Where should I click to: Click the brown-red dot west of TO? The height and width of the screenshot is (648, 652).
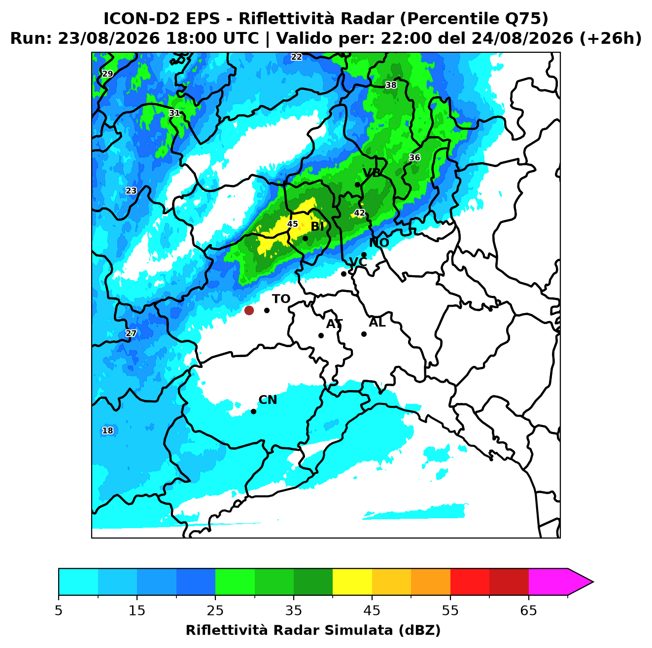[x=249, y=310]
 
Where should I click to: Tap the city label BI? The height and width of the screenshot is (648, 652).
[x=317, y=226]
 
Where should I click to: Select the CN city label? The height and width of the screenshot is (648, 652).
[x=268, y=400]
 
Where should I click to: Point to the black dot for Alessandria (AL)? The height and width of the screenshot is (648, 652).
[x=364, y=334]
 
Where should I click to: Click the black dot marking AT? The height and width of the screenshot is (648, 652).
[x=321, y=335]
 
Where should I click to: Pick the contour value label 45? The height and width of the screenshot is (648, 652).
[x=292, y=224]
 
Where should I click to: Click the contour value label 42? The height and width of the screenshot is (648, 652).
[x=359, y=213]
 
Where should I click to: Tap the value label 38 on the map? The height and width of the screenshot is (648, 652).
[x=391, y=85]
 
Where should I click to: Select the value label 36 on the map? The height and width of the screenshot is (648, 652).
[x=414, y=157]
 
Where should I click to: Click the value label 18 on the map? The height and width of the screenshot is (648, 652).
[x=107, y=431]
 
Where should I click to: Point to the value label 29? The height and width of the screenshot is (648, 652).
[x=107, y=74]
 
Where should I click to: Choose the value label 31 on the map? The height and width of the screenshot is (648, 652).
[x=174, y=113]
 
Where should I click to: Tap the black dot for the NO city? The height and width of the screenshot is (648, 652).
[x=364, y=254]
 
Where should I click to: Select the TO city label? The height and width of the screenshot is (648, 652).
[x=281, y=299]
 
